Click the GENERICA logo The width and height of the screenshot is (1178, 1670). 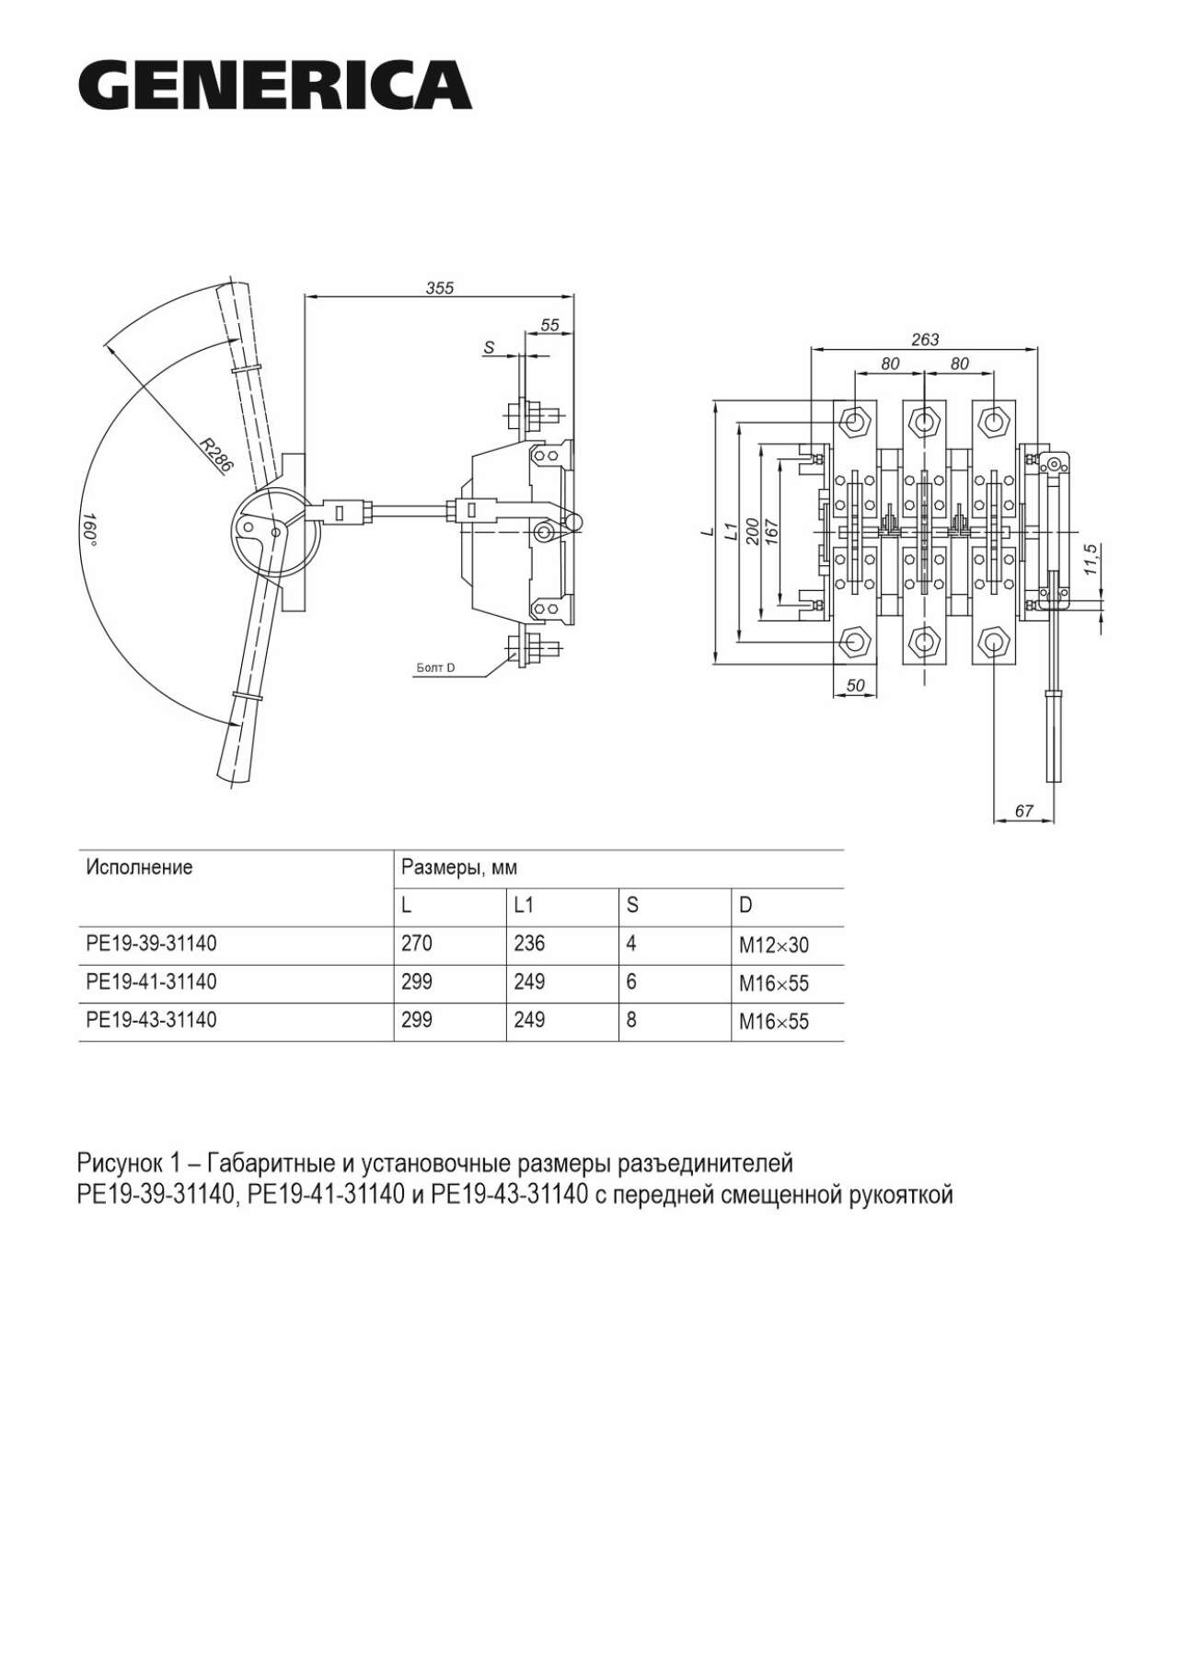click(x=274, y=86)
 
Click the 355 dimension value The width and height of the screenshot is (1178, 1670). click(x=440, y=287)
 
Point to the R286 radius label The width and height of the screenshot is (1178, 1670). click(x=218, y=456)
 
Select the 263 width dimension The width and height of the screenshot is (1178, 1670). click(x=924, y=339)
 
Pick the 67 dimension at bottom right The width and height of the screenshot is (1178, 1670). click(x=1023, y=810)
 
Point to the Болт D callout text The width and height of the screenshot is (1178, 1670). click(x=435, y=667)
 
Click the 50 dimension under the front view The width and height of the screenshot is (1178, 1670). click(x=855, y=685)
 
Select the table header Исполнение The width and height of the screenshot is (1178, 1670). click(x=139, y=867)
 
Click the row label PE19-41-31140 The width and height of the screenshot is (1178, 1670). click(x=151, y=982)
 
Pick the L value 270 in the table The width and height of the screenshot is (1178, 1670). click(x=416, y=944)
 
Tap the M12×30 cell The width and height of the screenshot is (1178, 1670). click(x=773, y=945)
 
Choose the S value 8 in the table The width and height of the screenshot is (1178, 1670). click(x=630, y=1020)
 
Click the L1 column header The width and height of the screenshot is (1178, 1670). click(x=524, y=906)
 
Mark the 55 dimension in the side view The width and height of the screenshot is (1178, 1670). click(x=549, y=324)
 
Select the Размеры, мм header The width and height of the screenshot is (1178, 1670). click(x=459, y=867)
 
